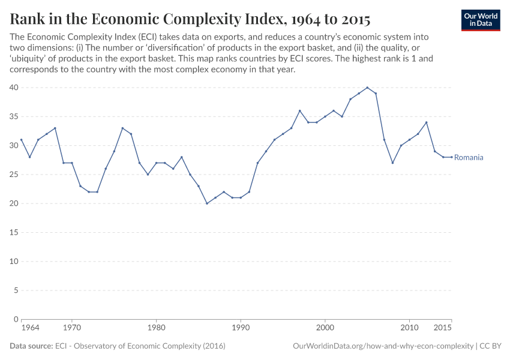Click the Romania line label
(469, 157)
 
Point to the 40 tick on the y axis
(14, 88)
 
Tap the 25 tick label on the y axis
(14, 175)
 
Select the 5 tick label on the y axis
(16, 290)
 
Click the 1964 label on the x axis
(30, 328)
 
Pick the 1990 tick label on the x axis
(240, 328)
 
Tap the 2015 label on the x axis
(442, 328)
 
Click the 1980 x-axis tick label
(156, 328)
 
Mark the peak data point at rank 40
(367, 88)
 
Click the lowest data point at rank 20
(207, 203)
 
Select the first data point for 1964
(21, 140)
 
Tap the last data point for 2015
(451, 157)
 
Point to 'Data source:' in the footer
(31, 346)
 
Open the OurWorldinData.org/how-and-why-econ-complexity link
(382, 346)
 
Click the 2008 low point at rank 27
(392, 163)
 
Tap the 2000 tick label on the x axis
(325, 328)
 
